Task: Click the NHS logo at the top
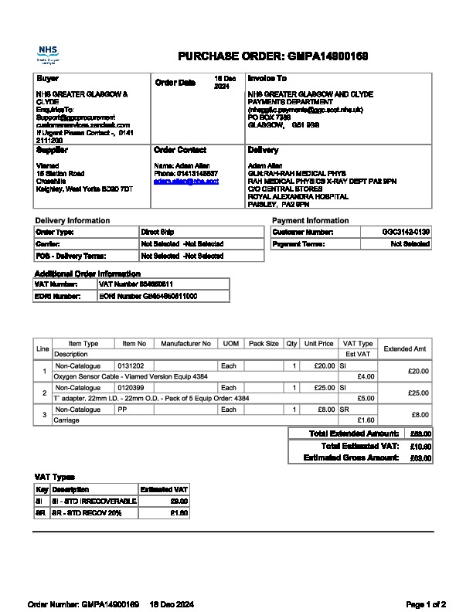pyautogui.click(x=48, y=54)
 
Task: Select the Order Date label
pyautogui.click(x=175, y=82)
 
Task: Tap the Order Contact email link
pyautogui.click(x=186, y=181)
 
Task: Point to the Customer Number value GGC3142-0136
pyautogui.click(x=406, y=232)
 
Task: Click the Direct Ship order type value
pyautogui.click(x=158, y=232)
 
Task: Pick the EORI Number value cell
pyautogui.click(x=148, y=296)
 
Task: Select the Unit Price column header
pyautogui.click(x=318, y=343)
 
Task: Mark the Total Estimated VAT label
pyautogui.click(x=359, y=446)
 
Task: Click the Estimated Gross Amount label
pyautogui.click(x=352, y=457)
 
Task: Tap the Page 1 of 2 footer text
pyautogui.click(x=426, y=603)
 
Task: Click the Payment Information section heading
pyautogui.click(x=311, y=220)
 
